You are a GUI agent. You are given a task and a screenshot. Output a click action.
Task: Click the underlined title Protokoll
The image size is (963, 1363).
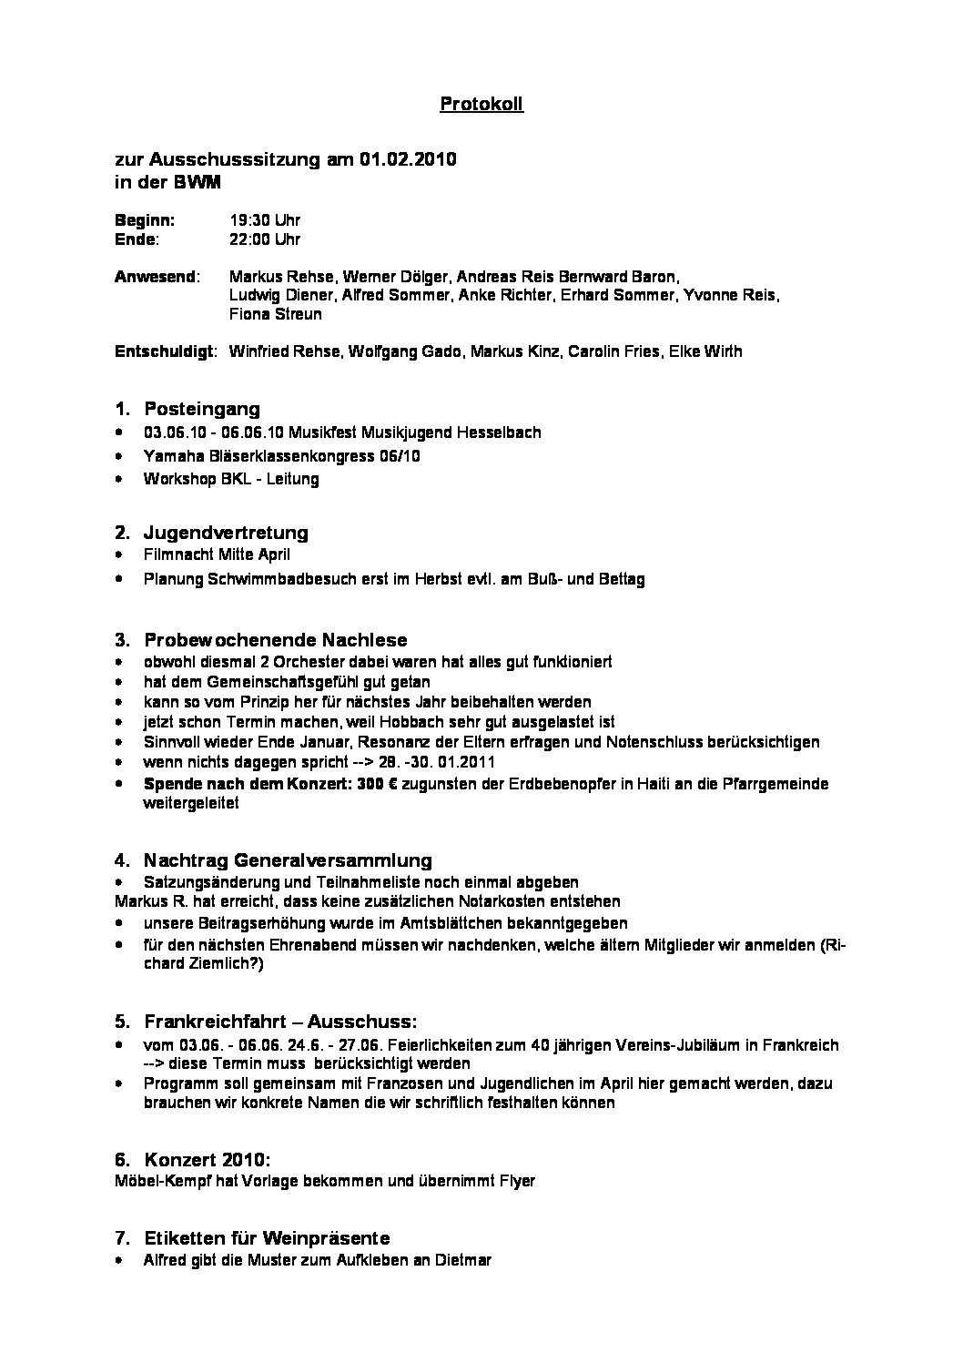click(x=481, y=105)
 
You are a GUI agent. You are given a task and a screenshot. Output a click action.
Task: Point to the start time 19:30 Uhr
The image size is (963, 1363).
click(x=265, y=220)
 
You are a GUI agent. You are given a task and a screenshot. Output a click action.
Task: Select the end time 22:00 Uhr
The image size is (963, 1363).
click(x=265, y=239)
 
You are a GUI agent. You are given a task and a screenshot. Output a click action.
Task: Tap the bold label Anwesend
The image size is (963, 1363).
click(x=155, y=277)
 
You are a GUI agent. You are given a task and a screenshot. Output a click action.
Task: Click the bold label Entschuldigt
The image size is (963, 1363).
click(x=164, y=351)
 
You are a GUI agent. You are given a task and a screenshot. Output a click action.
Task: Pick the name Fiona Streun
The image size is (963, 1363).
click(x=276, y=315)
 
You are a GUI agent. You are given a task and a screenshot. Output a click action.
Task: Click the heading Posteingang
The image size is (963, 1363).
click(x=201, y=410)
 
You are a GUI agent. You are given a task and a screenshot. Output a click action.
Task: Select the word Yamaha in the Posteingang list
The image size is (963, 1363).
click(x=169, y=455)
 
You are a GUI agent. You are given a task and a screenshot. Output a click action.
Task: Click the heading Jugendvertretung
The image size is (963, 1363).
click(x=226, y=533)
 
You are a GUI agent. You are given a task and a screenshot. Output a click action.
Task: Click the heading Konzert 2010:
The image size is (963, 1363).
click(x=207, y=1160)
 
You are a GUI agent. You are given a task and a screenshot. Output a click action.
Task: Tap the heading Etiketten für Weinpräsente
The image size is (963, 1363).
click(x=267, y=1238)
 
